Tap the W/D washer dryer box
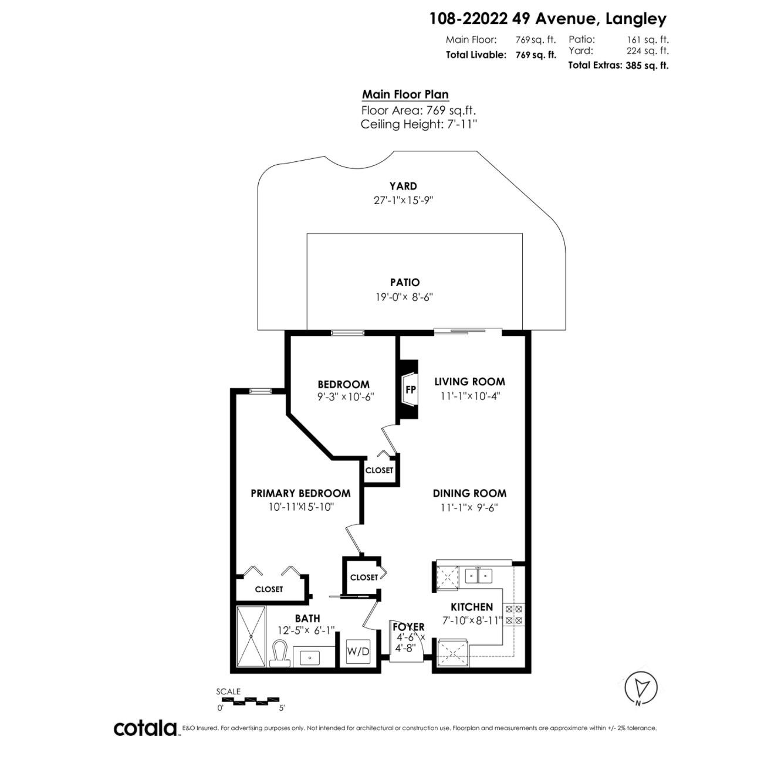(358, 651)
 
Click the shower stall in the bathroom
(251, 636)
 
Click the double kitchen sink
(479, 576)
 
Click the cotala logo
(146, 728)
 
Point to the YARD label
(403, 186)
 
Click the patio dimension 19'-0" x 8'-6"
(405, 297)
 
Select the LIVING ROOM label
(469, 382)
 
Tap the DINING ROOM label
(469, 493)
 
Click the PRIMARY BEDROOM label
(300, 493)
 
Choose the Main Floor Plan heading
(405, 94)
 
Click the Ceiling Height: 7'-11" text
(418, 124)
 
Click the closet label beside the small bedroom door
(379, 470)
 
